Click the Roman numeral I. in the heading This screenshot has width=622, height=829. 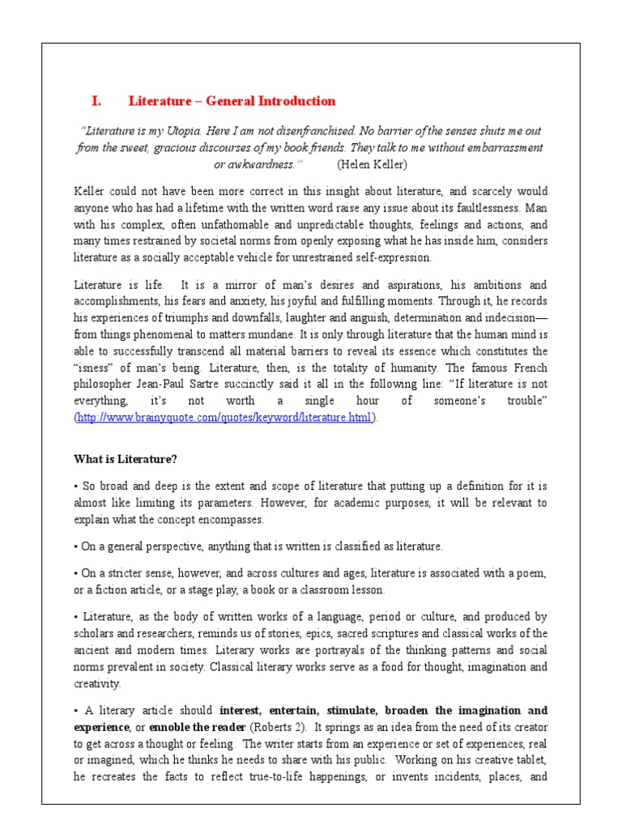click(96, 101)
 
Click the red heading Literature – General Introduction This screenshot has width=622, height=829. click(232, 101)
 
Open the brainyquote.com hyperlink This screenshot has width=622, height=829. click(224, 417)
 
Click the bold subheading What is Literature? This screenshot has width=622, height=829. click(126, 459)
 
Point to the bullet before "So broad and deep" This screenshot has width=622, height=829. click(75, 487)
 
